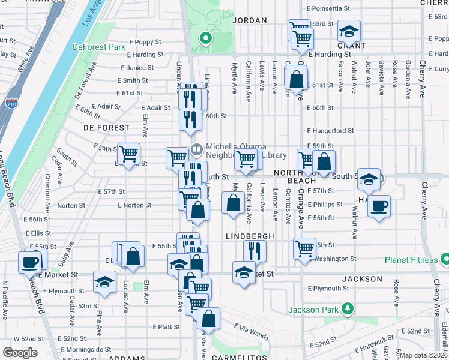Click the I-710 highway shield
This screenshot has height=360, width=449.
tap(13, 108)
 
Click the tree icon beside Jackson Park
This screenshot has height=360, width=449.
tap(346, 309)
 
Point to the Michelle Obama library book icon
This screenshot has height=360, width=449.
tap(196, 148)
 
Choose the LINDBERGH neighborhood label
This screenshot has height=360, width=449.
tap(250, 236)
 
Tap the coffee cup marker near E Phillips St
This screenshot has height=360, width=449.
tap(379, 206)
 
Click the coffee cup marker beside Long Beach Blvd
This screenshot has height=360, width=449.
tap(29, 262)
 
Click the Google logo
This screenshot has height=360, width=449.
tap(20, 352)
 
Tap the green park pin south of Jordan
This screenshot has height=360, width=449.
tap(205, 40)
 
